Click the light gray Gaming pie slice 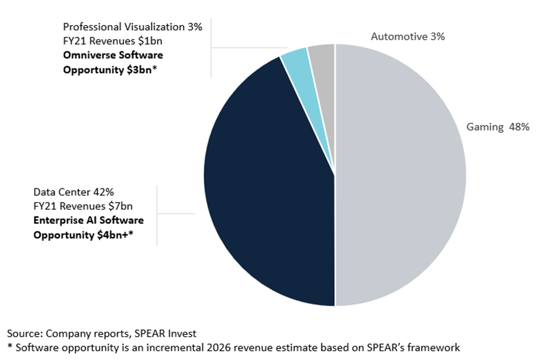(x=401, y=178)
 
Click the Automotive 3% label (x=408, y=37)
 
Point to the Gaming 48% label (x=497, y=127)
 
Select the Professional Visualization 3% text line (x=133, y=27)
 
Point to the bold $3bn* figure (x=142, y=70)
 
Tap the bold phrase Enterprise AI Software (x=89, y=221)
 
